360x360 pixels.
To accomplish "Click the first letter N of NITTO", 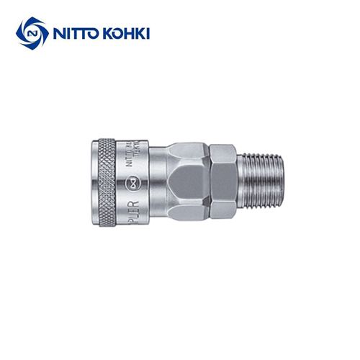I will coord(56,34).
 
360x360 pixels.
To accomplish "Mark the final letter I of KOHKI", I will coord(148,34).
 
